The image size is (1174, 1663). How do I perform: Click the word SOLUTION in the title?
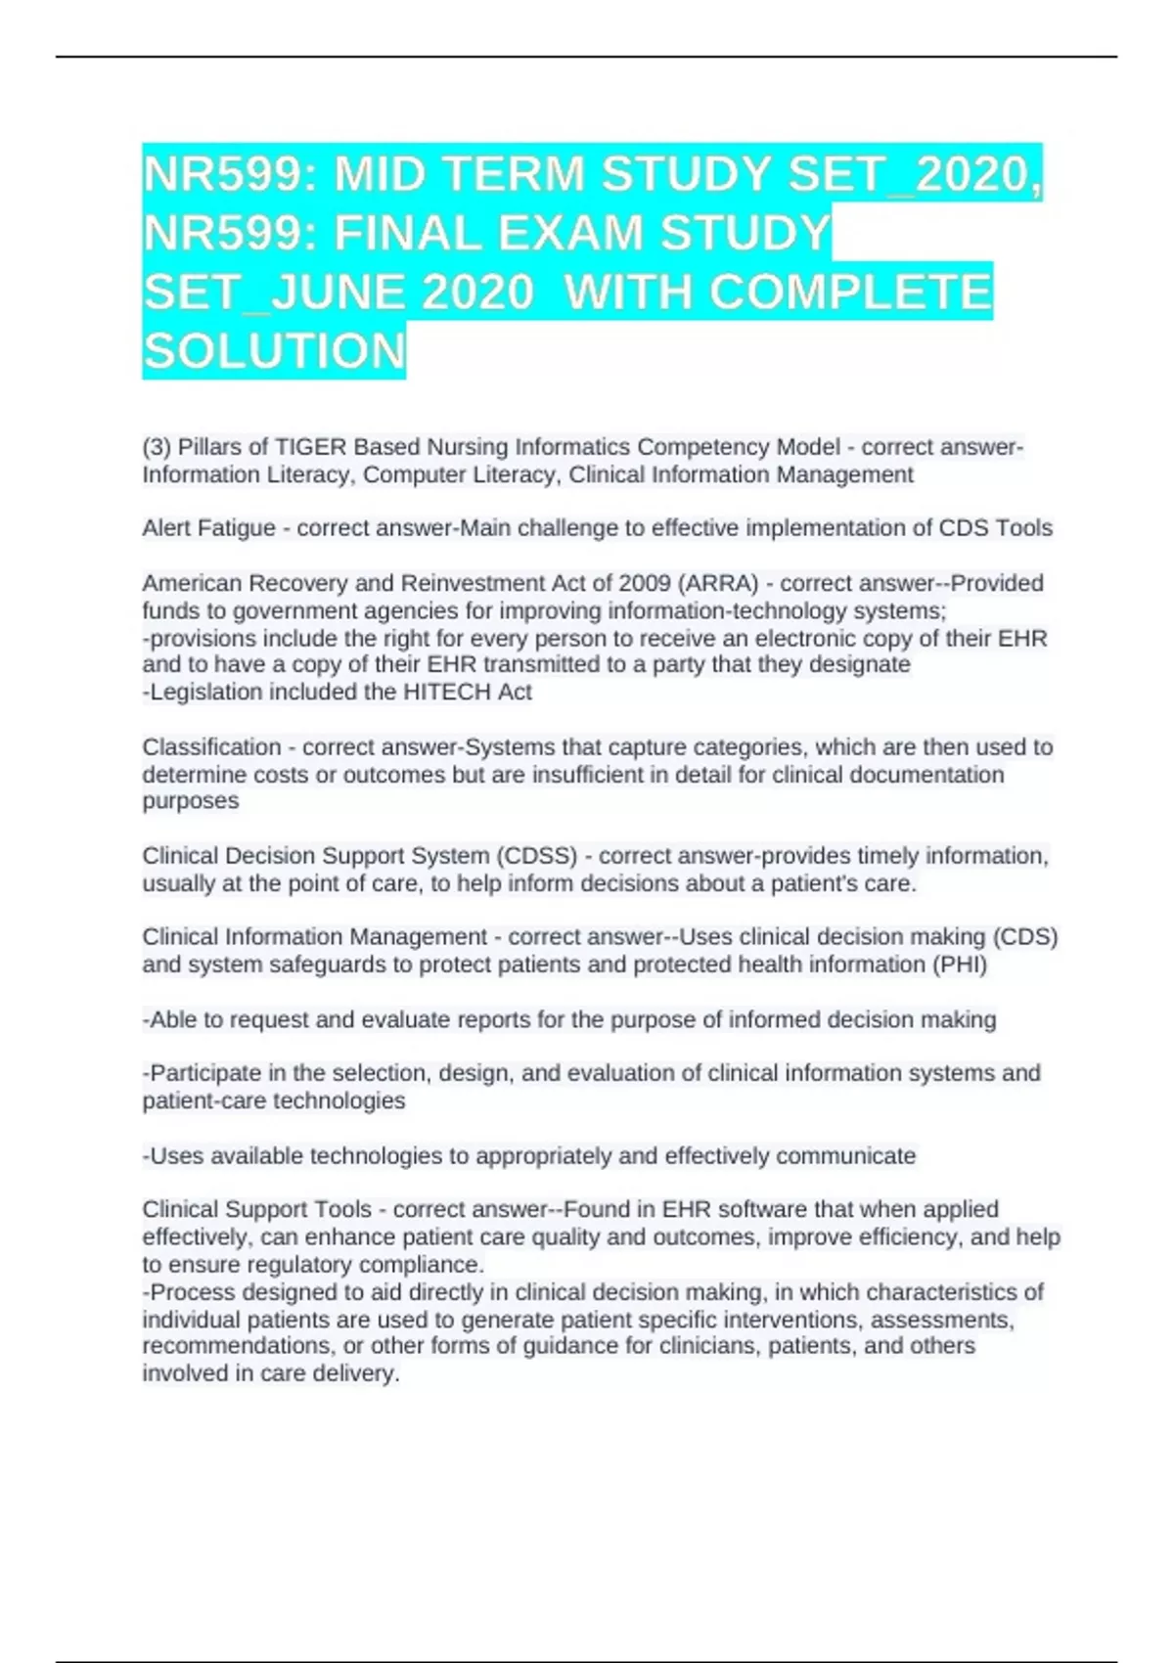(274, 351)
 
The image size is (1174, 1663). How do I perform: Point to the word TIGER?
(310, 447)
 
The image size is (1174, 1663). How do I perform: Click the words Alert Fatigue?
(208, 528)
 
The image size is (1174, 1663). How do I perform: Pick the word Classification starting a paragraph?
(211, 747)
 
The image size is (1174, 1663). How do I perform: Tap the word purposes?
(190, 801)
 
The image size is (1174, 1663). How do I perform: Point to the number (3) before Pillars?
(156, 447)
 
